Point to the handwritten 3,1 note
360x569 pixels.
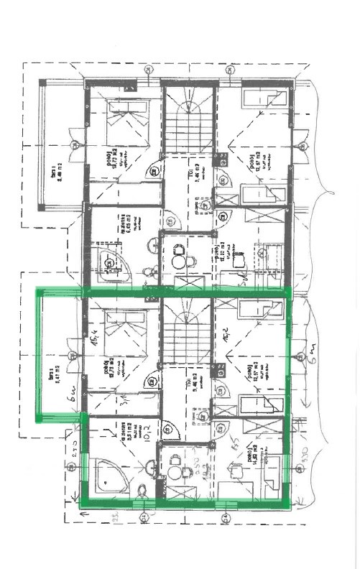tap(144, 394)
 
